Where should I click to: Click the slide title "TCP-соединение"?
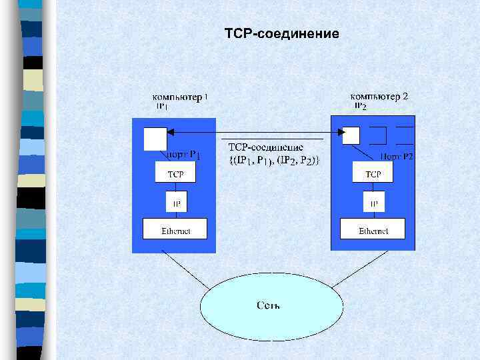coord(282,33)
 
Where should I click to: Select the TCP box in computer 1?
coord(176,174)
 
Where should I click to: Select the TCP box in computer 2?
coord(373,174)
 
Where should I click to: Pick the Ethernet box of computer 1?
coord(175,231)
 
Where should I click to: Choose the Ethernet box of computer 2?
coord(373,231)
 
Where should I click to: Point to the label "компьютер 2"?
coord(379,96)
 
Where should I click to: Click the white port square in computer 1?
coord(155,139)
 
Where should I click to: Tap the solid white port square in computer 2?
coord(351,136)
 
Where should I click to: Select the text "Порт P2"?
coord(397,157)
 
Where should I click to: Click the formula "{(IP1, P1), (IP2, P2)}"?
coord(274,160)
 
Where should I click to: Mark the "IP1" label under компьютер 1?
coord(163,106)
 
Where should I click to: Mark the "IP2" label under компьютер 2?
coord(360,106)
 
